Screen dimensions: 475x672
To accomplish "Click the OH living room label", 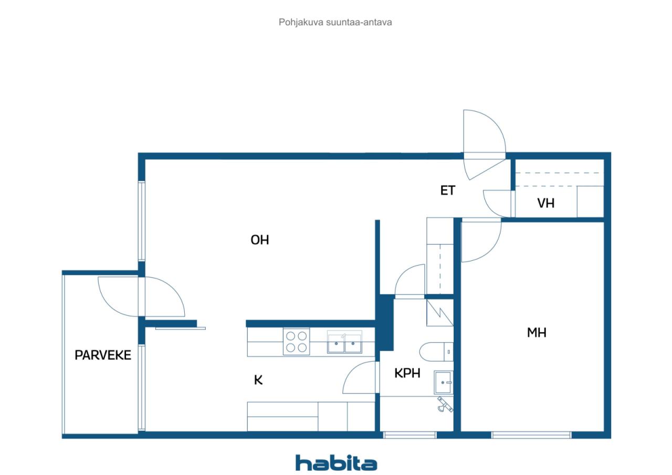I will (x=260, y=240).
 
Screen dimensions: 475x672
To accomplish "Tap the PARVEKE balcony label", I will (x=102, y=355).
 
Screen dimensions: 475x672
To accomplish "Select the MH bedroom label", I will (x=537, y=332).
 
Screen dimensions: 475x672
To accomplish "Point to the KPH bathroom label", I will (x=407, y=373).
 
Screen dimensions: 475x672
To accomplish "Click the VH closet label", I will (x=545, y=203).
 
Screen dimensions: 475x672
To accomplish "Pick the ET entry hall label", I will (x=447, y=191).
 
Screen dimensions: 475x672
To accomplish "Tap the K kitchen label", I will (x=258, y=380).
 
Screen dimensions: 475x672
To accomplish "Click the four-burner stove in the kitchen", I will (x=296, y=342).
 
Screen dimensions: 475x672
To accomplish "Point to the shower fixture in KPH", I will (x=444, y=404).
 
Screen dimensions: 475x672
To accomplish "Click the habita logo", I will (x=336, y=463).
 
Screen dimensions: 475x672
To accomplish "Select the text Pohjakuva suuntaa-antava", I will (x=335, y=23).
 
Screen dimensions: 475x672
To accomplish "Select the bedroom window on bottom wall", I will (x=531, y=435).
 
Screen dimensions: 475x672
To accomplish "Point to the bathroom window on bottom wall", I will (x=409, y=435).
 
